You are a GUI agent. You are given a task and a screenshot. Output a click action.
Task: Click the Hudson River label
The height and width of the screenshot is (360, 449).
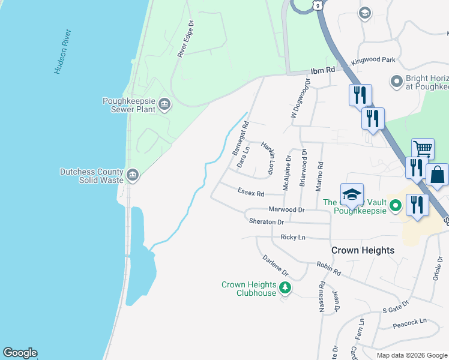coord(63,52)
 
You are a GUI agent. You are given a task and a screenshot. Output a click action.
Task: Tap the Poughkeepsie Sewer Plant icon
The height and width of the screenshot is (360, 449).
coord(164,106)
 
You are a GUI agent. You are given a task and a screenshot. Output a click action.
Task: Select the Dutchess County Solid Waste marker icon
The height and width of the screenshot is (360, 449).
coord(133,175)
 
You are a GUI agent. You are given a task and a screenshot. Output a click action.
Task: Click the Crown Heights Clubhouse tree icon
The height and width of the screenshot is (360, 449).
coord(285,289)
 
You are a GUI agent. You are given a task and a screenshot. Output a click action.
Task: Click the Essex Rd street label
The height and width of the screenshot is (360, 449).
coord(251,193)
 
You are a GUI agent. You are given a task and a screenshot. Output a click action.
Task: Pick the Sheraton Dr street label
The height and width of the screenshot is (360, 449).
coord(266,222)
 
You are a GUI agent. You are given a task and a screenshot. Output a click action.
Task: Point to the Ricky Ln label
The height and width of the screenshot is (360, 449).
coord(293,238)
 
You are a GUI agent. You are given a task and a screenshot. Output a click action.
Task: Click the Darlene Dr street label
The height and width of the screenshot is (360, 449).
coord(276,266)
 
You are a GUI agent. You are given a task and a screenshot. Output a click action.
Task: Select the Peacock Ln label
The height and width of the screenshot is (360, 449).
coord(409,322)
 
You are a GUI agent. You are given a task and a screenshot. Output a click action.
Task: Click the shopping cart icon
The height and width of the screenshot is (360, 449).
coord(423,149)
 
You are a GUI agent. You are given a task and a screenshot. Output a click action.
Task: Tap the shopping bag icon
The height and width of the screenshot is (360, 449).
coord(438,175)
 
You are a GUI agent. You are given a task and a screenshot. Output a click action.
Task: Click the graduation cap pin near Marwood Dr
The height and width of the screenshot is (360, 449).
coord(352,194)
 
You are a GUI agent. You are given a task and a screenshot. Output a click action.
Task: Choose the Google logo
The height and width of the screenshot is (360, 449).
coord(20,353)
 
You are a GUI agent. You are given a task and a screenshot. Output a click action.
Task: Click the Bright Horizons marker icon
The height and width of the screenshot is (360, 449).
coord(396,80)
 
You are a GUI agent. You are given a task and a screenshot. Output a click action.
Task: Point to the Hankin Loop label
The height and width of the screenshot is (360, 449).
coord(268,158)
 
